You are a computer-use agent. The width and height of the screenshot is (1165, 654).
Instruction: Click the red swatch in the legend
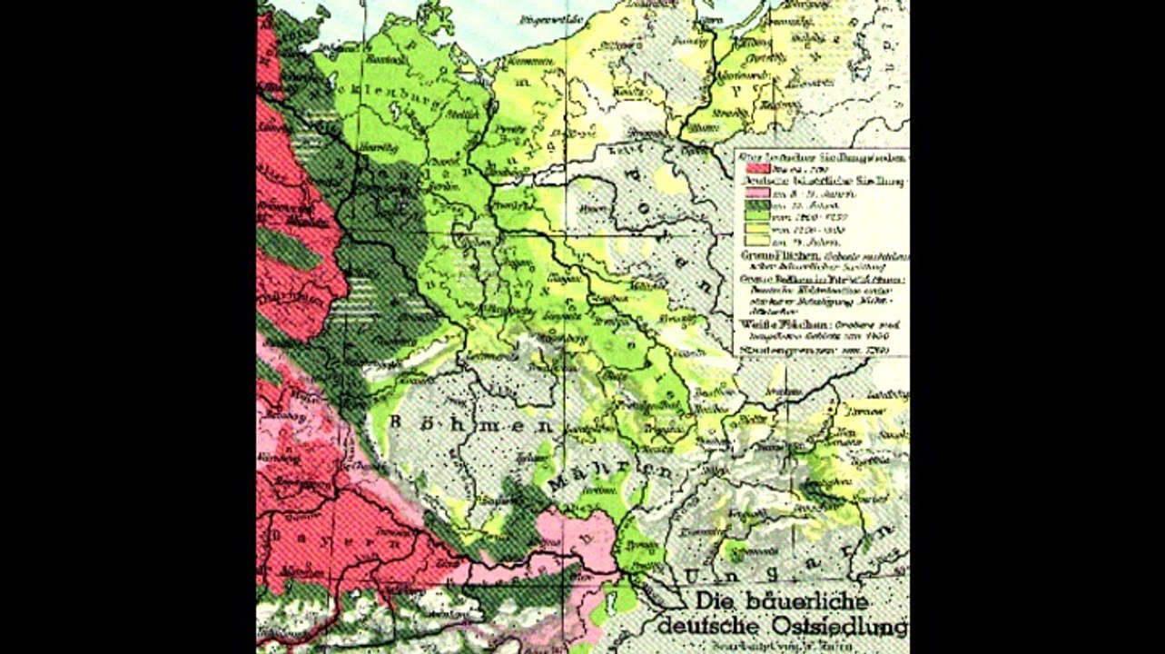point(755,169)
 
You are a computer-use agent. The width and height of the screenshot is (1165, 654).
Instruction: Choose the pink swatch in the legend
point(755,193)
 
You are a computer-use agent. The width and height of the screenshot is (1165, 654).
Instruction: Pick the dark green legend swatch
point(755,206)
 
